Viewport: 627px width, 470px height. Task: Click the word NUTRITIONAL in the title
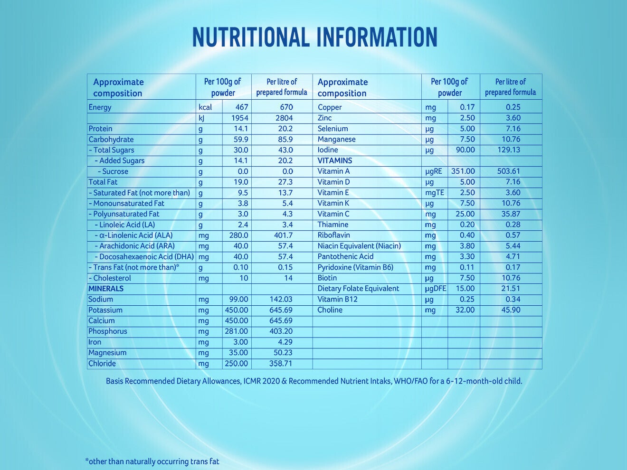point(251,37)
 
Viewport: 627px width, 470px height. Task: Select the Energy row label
point(100,108)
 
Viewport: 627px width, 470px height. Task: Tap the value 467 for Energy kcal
point(242,107)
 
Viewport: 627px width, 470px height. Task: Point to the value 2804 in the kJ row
point(284,118)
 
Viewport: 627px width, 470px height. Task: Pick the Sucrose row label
point(115,171)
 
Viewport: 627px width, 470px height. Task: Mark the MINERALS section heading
point(106,289)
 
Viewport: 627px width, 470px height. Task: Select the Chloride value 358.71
point(281,363)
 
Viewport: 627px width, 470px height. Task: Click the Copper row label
point(330,108)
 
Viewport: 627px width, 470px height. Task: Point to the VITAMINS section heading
point(335,160)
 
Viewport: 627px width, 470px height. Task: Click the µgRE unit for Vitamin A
point(434,171)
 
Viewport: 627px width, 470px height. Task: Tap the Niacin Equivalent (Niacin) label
point(360,246)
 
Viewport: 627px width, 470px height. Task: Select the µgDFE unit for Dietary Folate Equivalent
point(436,289)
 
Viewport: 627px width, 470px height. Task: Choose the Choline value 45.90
point(511,310)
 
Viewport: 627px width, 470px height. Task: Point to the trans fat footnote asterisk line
point(152,461)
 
